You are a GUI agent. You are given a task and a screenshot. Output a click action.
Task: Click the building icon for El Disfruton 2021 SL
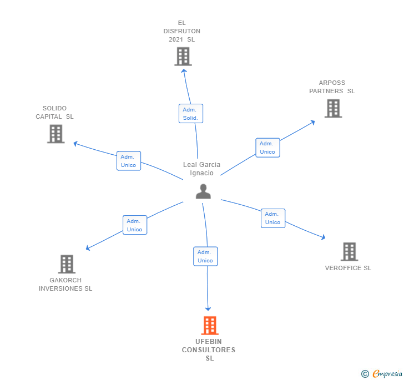(x=183, y=57)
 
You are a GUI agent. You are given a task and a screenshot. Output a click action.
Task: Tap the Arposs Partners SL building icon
(x=333, y=109)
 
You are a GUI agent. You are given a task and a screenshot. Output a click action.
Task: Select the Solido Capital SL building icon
(x=55, y=134)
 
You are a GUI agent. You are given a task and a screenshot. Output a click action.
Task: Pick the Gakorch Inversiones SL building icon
(x=67, y=264)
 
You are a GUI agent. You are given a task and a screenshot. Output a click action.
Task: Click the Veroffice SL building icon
(x=349, y=252)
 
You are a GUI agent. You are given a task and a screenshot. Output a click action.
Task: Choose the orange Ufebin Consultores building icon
(x=209, y=326)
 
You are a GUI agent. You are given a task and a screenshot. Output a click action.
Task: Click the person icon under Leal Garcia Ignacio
(x=204, y=191)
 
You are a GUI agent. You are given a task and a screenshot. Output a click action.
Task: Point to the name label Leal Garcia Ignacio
(x=201, y=169)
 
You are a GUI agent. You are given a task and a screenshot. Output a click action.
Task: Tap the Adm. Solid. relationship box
(x=190, y=114)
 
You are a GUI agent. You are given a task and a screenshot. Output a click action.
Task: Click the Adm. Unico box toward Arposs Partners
(x=267, y=148)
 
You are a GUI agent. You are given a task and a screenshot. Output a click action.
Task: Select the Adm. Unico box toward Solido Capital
(x=129, y=161)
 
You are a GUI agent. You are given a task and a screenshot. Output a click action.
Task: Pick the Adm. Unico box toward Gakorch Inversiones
(x=135, y=225)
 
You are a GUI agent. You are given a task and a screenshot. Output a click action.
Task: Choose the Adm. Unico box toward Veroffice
(x=272, y=218)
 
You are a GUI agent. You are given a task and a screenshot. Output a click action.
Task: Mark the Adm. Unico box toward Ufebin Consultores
(x=205, y=256)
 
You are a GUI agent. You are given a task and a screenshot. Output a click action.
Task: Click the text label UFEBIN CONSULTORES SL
(x=209, y=350)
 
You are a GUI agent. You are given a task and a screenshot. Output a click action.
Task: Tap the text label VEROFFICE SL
(x=348, y=268)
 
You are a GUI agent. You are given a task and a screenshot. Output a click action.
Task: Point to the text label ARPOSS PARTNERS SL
(x=332, y=87)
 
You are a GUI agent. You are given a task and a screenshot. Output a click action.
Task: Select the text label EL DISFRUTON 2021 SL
(x=181, y=31)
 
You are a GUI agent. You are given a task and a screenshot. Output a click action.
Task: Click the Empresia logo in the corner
(x=386, y=374)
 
